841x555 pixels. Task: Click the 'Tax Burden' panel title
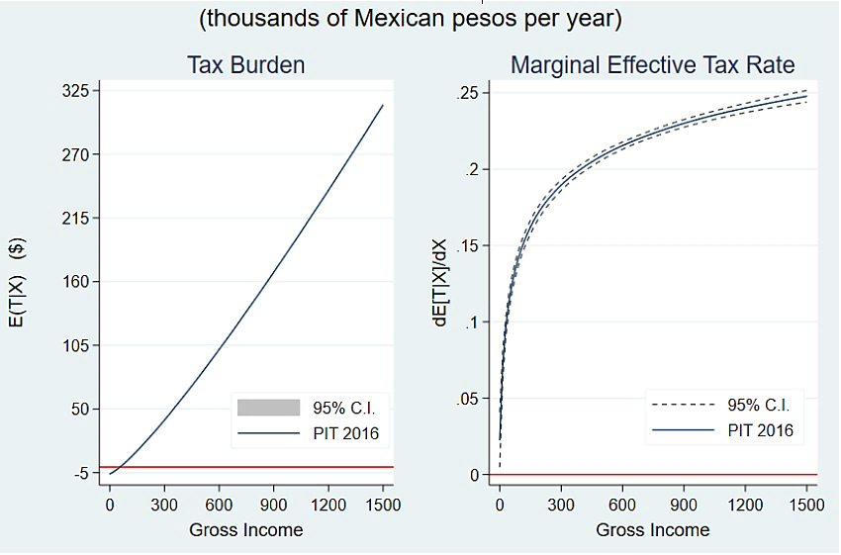(x=245, y=66)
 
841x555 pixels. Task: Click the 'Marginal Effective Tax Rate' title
(x=652, y=66)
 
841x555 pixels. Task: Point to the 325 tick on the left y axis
(x=75, y=91)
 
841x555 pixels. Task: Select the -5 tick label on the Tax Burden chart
(x=79, y=473)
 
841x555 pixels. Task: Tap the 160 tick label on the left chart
(x=75, y=282)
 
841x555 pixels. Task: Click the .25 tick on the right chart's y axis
(x=467, y=93)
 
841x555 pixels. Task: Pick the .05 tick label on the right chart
(x=467, y=399)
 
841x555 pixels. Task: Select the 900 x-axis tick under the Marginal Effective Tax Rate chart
(x=684, y=504)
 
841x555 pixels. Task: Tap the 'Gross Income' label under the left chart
(x=245, y=530)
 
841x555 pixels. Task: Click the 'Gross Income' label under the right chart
(x=652, y=530)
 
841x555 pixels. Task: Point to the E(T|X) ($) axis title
(x=22, y=282)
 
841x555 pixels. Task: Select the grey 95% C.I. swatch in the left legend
(x=267, y=407)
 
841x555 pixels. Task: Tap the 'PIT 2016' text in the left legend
(x=345, y=433)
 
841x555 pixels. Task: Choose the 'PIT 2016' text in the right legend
(x=760, y=430)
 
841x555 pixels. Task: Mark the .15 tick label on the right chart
(x=467, y=246)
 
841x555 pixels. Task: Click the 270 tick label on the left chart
(x=75, y=155)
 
